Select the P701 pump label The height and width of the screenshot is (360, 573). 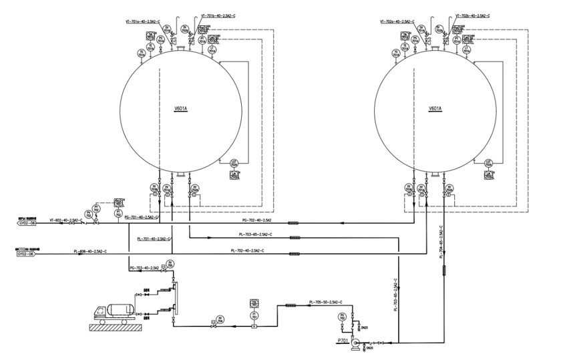click(x=343, y=340)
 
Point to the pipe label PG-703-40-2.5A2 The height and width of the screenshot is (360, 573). click(x=144, y=267)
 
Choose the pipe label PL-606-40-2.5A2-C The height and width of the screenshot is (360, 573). click(x=90, y=251)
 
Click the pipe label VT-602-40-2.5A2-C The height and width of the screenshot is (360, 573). click(x=66, y=219)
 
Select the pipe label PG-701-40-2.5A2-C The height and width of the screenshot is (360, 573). click(x=143, y=218)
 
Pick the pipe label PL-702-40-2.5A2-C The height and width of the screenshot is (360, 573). click(x=247, y=250)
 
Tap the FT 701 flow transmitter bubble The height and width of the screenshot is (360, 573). click(x=254, y=315)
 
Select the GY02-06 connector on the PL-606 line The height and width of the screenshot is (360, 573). click(x=25, y=254)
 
